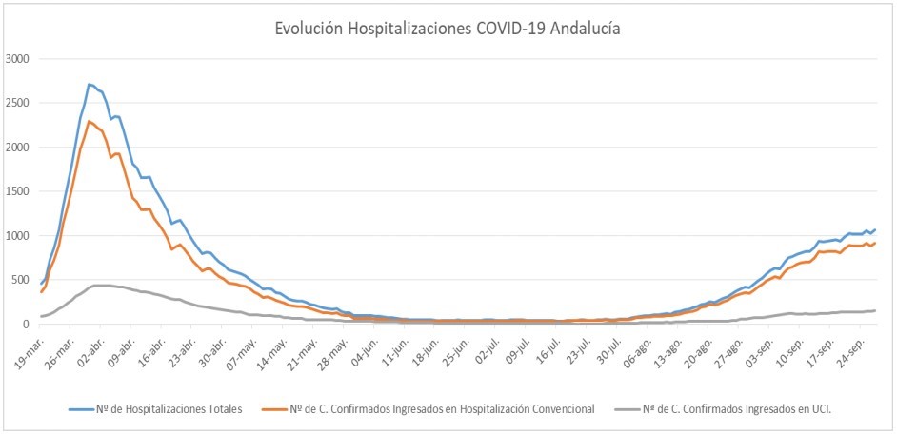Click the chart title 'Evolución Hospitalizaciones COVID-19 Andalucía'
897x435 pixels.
click(x=448, y=30)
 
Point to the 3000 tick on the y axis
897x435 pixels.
click(x=18, y=59)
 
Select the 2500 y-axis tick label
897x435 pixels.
click(x=18, y=103)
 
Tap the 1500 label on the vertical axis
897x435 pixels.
click(x=18, y=191)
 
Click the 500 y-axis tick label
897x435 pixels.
click(x=21, y=280)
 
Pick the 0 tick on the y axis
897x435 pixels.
click(x=27, y=325)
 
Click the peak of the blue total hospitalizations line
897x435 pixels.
click(x=89, y=84)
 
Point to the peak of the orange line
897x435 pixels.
click(x=89, y=121)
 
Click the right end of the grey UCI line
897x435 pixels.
click(x=875, y=310)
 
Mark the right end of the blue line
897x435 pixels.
click(x=875, y=229)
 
